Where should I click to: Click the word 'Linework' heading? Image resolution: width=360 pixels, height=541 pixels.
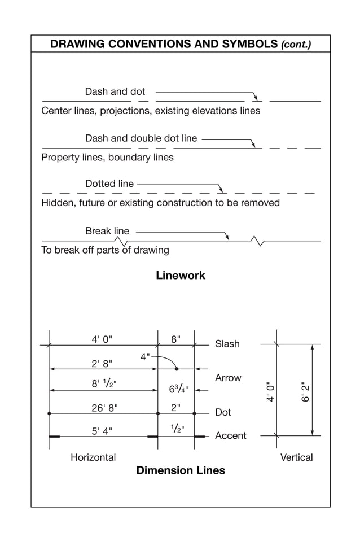pos(181,276)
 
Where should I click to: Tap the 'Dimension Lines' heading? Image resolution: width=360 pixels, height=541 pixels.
pos(181,470)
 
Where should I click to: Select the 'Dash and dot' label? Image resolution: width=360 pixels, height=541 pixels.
pos(115,91)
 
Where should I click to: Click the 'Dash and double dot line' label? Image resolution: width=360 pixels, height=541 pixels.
pos(141,138)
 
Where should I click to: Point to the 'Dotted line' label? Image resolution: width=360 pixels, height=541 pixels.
pos(109,184)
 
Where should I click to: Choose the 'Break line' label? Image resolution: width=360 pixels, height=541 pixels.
pos(107,231)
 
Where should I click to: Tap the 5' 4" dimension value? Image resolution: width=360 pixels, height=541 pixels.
pos(102,431)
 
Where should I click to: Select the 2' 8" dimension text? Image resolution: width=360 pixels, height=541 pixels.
pos(102,363)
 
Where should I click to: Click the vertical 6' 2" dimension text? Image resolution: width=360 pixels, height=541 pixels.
pos(306,391)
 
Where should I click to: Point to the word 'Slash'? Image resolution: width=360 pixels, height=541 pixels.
pos(227,344)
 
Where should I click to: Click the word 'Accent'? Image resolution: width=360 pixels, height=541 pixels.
pos(231,435)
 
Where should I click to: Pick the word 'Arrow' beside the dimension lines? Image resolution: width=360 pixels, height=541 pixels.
pos(228,378)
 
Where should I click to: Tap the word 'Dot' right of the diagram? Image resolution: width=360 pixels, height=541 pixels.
pos(223,412)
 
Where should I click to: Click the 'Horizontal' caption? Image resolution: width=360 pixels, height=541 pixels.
pos(93,457)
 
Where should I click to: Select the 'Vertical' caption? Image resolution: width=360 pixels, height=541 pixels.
pos(296,457)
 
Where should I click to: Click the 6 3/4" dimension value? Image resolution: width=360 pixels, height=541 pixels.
pos(178,389)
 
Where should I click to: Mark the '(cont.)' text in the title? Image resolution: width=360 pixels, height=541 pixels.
pos(296,44)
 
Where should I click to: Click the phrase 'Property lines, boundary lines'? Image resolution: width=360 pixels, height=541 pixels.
pos(107,158)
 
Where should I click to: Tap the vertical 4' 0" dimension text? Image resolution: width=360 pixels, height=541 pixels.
pos(271,391)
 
